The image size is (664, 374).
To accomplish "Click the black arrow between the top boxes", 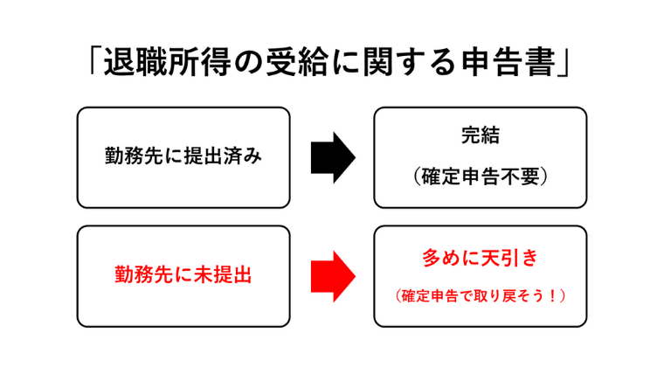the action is [333, 157].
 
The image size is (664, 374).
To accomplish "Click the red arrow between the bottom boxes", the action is [333, 276].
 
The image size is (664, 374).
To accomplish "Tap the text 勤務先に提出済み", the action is [183, 156].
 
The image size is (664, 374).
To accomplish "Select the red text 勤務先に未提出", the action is [183, 274].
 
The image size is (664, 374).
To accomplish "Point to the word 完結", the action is [481, 135].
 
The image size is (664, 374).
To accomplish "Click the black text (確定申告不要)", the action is [481, 177].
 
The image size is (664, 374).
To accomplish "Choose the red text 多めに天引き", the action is [481, 258].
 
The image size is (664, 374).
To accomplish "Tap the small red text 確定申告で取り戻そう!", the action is [481, 295].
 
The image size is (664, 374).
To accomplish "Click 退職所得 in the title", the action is [168, 63].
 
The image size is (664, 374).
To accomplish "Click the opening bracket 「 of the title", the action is [94, 60].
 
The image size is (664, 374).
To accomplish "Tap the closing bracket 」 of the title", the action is [564, 65].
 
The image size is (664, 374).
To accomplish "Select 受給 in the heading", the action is [296, 63].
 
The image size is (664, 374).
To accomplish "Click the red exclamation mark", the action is [551, 295].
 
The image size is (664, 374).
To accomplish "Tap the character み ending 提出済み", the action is [252, 156].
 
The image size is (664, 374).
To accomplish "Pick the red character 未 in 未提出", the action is [204, 274].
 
